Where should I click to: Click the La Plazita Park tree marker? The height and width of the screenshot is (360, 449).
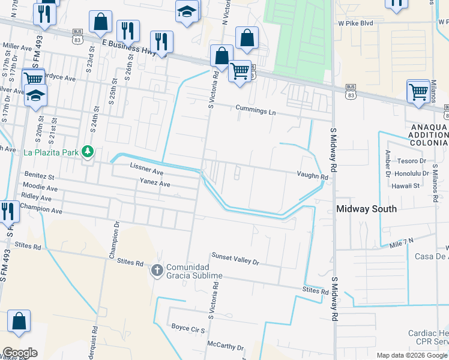(88, 151)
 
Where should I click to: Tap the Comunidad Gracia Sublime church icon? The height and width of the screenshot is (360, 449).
(157, 270)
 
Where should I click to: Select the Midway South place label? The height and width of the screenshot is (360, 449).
(366, 209)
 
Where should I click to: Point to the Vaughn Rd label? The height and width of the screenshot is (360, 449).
(312, 177)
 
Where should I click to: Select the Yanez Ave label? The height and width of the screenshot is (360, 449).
(155, 182)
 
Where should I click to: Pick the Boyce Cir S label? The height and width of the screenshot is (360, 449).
(188, 329)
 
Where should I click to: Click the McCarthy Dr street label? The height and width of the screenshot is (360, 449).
(225, 347)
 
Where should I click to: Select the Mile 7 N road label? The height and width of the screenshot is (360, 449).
(402, 242)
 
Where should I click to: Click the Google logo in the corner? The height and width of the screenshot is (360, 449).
(20, 353)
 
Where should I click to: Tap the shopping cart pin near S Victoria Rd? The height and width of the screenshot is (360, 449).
(240, 71)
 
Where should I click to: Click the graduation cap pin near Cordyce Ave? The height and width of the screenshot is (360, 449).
(35, 95)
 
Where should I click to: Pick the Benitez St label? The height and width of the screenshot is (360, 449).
(39, 178)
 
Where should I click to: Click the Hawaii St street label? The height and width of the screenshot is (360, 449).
(406, 186)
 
